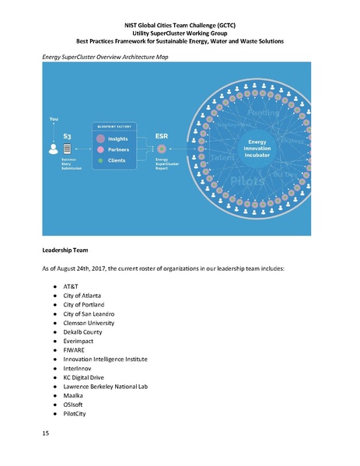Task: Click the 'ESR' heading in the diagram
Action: click(x=162, y=135)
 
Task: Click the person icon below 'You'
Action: click(x=53, y=148)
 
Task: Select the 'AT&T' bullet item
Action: click(x=71, y=286)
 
